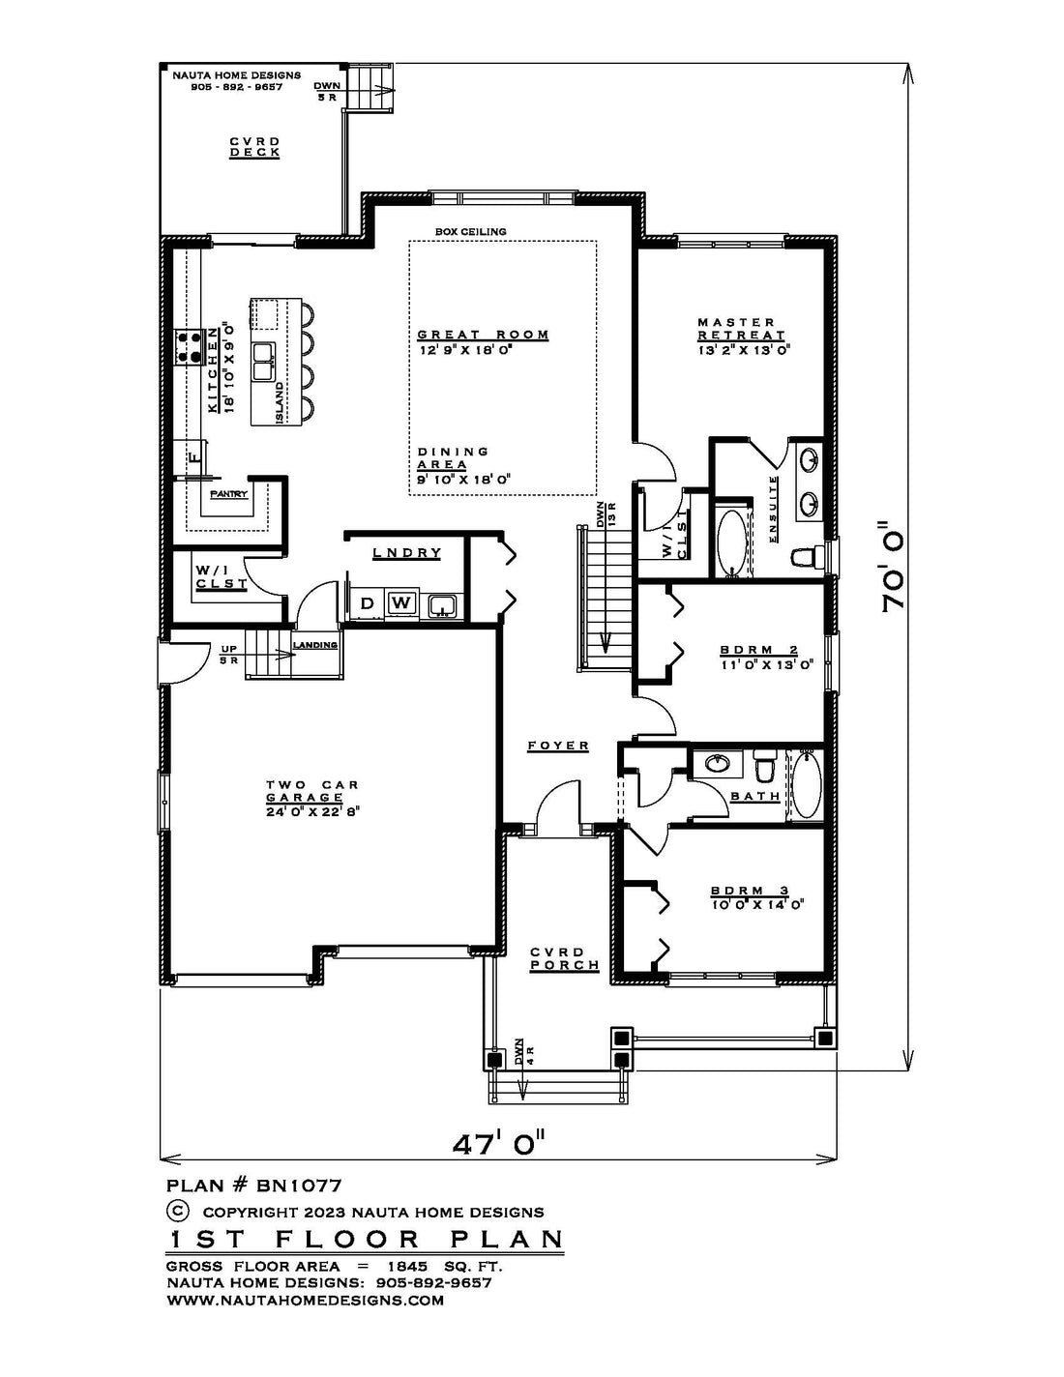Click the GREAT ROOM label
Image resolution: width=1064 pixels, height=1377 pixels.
(483, 335)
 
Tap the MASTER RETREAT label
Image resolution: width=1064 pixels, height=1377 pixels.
(741, 328)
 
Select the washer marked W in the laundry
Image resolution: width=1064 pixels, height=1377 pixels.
(400, 602)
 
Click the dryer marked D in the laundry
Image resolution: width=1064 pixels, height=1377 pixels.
(367, 603)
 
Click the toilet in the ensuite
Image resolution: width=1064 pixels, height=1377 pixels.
(803, 556)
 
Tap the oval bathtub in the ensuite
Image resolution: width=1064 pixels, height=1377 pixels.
(732, 543)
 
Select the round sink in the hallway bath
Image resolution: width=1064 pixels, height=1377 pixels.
(717, 764)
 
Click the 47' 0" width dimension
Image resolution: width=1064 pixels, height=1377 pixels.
(498, 1144)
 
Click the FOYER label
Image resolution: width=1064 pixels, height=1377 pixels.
(558, 746)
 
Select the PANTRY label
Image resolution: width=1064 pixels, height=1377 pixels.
(229, 495)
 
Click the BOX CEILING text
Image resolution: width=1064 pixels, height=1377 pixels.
(470, 232)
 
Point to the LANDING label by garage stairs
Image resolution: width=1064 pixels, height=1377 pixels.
(315, 645)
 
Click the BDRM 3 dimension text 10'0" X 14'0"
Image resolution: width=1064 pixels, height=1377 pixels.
(757, 905)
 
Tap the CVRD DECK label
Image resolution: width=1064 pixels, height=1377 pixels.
(254, 146)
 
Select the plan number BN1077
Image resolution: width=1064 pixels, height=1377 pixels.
(299, 1185)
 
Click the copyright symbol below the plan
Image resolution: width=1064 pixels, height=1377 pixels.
(178, 1211)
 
